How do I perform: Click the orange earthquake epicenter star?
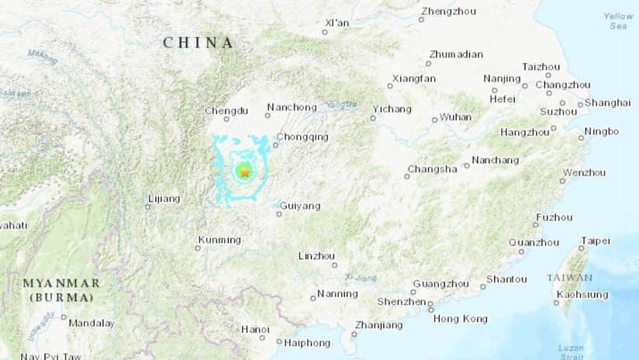244,172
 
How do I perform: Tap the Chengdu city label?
226,111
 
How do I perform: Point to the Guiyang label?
301,206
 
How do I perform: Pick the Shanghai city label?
608,102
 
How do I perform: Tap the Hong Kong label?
461,319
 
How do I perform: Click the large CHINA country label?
199,43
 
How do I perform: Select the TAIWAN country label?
569,278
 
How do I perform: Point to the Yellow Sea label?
618,21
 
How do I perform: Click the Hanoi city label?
255,329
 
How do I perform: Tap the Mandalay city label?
92,323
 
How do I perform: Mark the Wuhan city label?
455,117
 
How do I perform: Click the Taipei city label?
596,241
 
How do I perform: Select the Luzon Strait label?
573,352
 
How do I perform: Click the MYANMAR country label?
61,283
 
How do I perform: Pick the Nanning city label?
338,294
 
